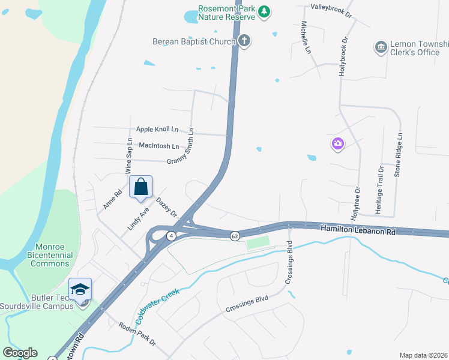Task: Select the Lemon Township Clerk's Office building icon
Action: [380, 47]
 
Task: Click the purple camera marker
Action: [337, 143]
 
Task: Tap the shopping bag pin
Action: [140, 187]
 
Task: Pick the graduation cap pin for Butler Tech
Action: [80, 289]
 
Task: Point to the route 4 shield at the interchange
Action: [171, 236]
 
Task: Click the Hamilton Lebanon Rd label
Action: [358, 230]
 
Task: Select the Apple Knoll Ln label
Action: [157, 129]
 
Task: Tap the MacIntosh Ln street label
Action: [158, 146]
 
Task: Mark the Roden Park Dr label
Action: [137, 334]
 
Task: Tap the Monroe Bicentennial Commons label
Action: [54, 255]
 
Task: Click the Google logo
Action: [20, 353]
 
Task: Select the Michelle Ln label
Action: [305, 38]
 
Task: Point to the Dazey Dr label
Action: [167, 208]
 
